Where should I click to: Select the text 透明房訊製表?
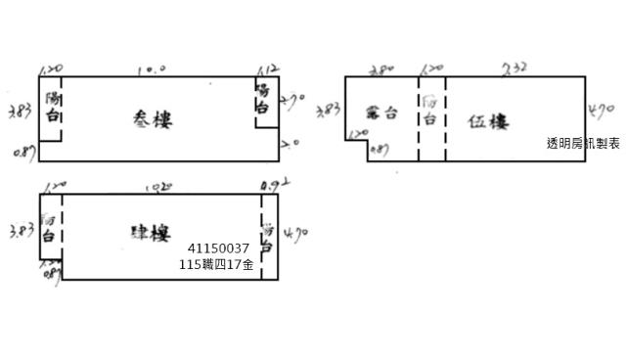pyautogui.click(x=584, y=143)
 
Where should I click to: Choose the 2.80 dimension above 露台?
pyautogui.click(x=381, y=69)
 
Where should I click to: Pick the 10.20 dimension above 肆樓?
pyautogui.click(x=153, y=184)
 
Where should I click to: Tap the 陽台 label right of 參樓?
pyautogui.click(x=262, y=98)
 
